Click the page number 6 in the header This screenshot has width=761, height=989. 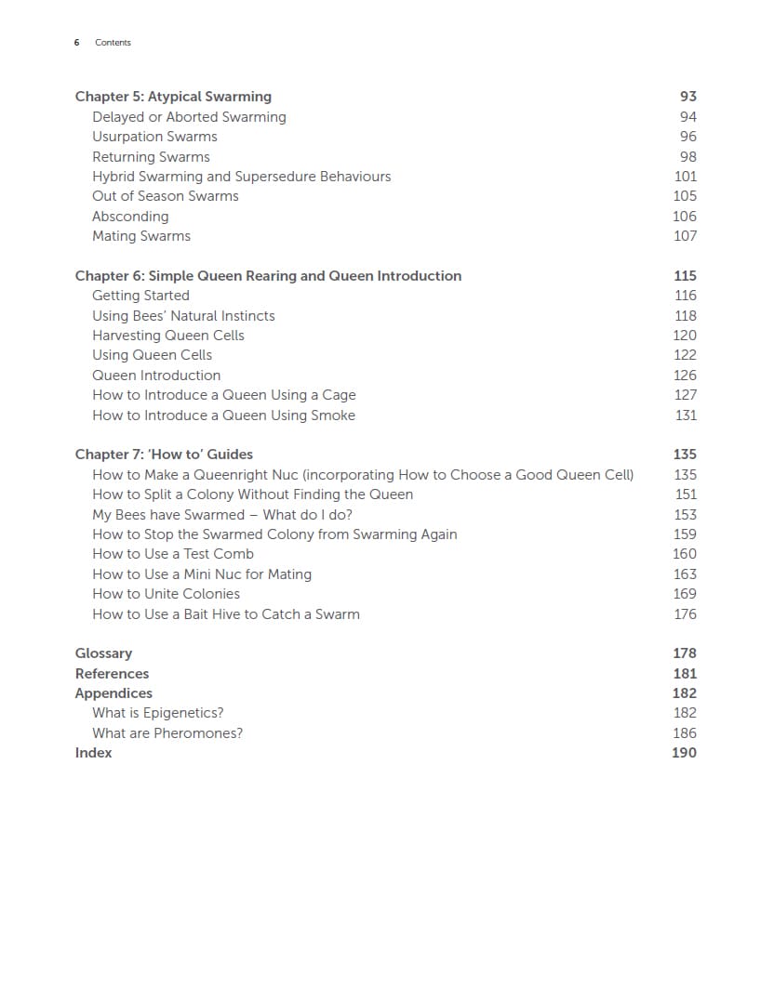point(76,43)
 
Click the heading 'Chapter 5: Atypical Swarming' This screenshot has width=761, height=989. point(173,97)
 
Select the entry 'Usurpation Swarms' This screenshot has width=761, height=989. point(154,137)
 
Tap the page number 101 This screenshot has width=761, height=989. point(685,177)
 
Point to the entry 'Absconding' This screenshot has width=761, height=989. point(130,217)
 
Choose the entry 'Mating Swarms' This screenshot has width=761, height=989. point(141,236)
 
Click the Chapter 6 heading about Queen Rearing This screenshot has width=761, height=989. point(268,276)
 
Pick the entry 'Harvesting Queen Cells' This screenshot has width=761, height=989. point(168,336)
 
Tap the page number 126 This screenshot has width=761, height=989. point(685,376)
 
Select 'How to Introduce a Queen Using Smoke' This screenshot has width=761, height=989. point(223,415)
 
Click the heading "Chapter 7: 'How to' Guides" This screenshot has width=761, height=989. point(164,455)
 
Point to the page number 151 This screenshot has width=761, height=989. point(685,494)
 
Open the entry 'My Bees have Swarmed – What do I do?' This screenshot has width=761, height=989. point(222,515)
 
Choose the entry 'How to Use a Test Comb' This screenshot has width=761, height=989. point(173,554)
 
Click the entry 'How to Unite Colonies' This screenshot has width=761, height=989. point(166,594)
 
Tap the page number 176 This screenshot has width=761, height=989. point(685,614)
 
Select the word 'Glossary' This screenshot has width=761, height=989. point(103,653)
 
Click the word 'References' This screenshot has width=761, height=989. point(112,674)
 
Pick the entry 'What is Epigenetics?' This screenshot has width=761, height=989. point(158,713)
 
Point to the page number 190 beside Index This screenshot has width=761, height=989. point(684,753)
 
